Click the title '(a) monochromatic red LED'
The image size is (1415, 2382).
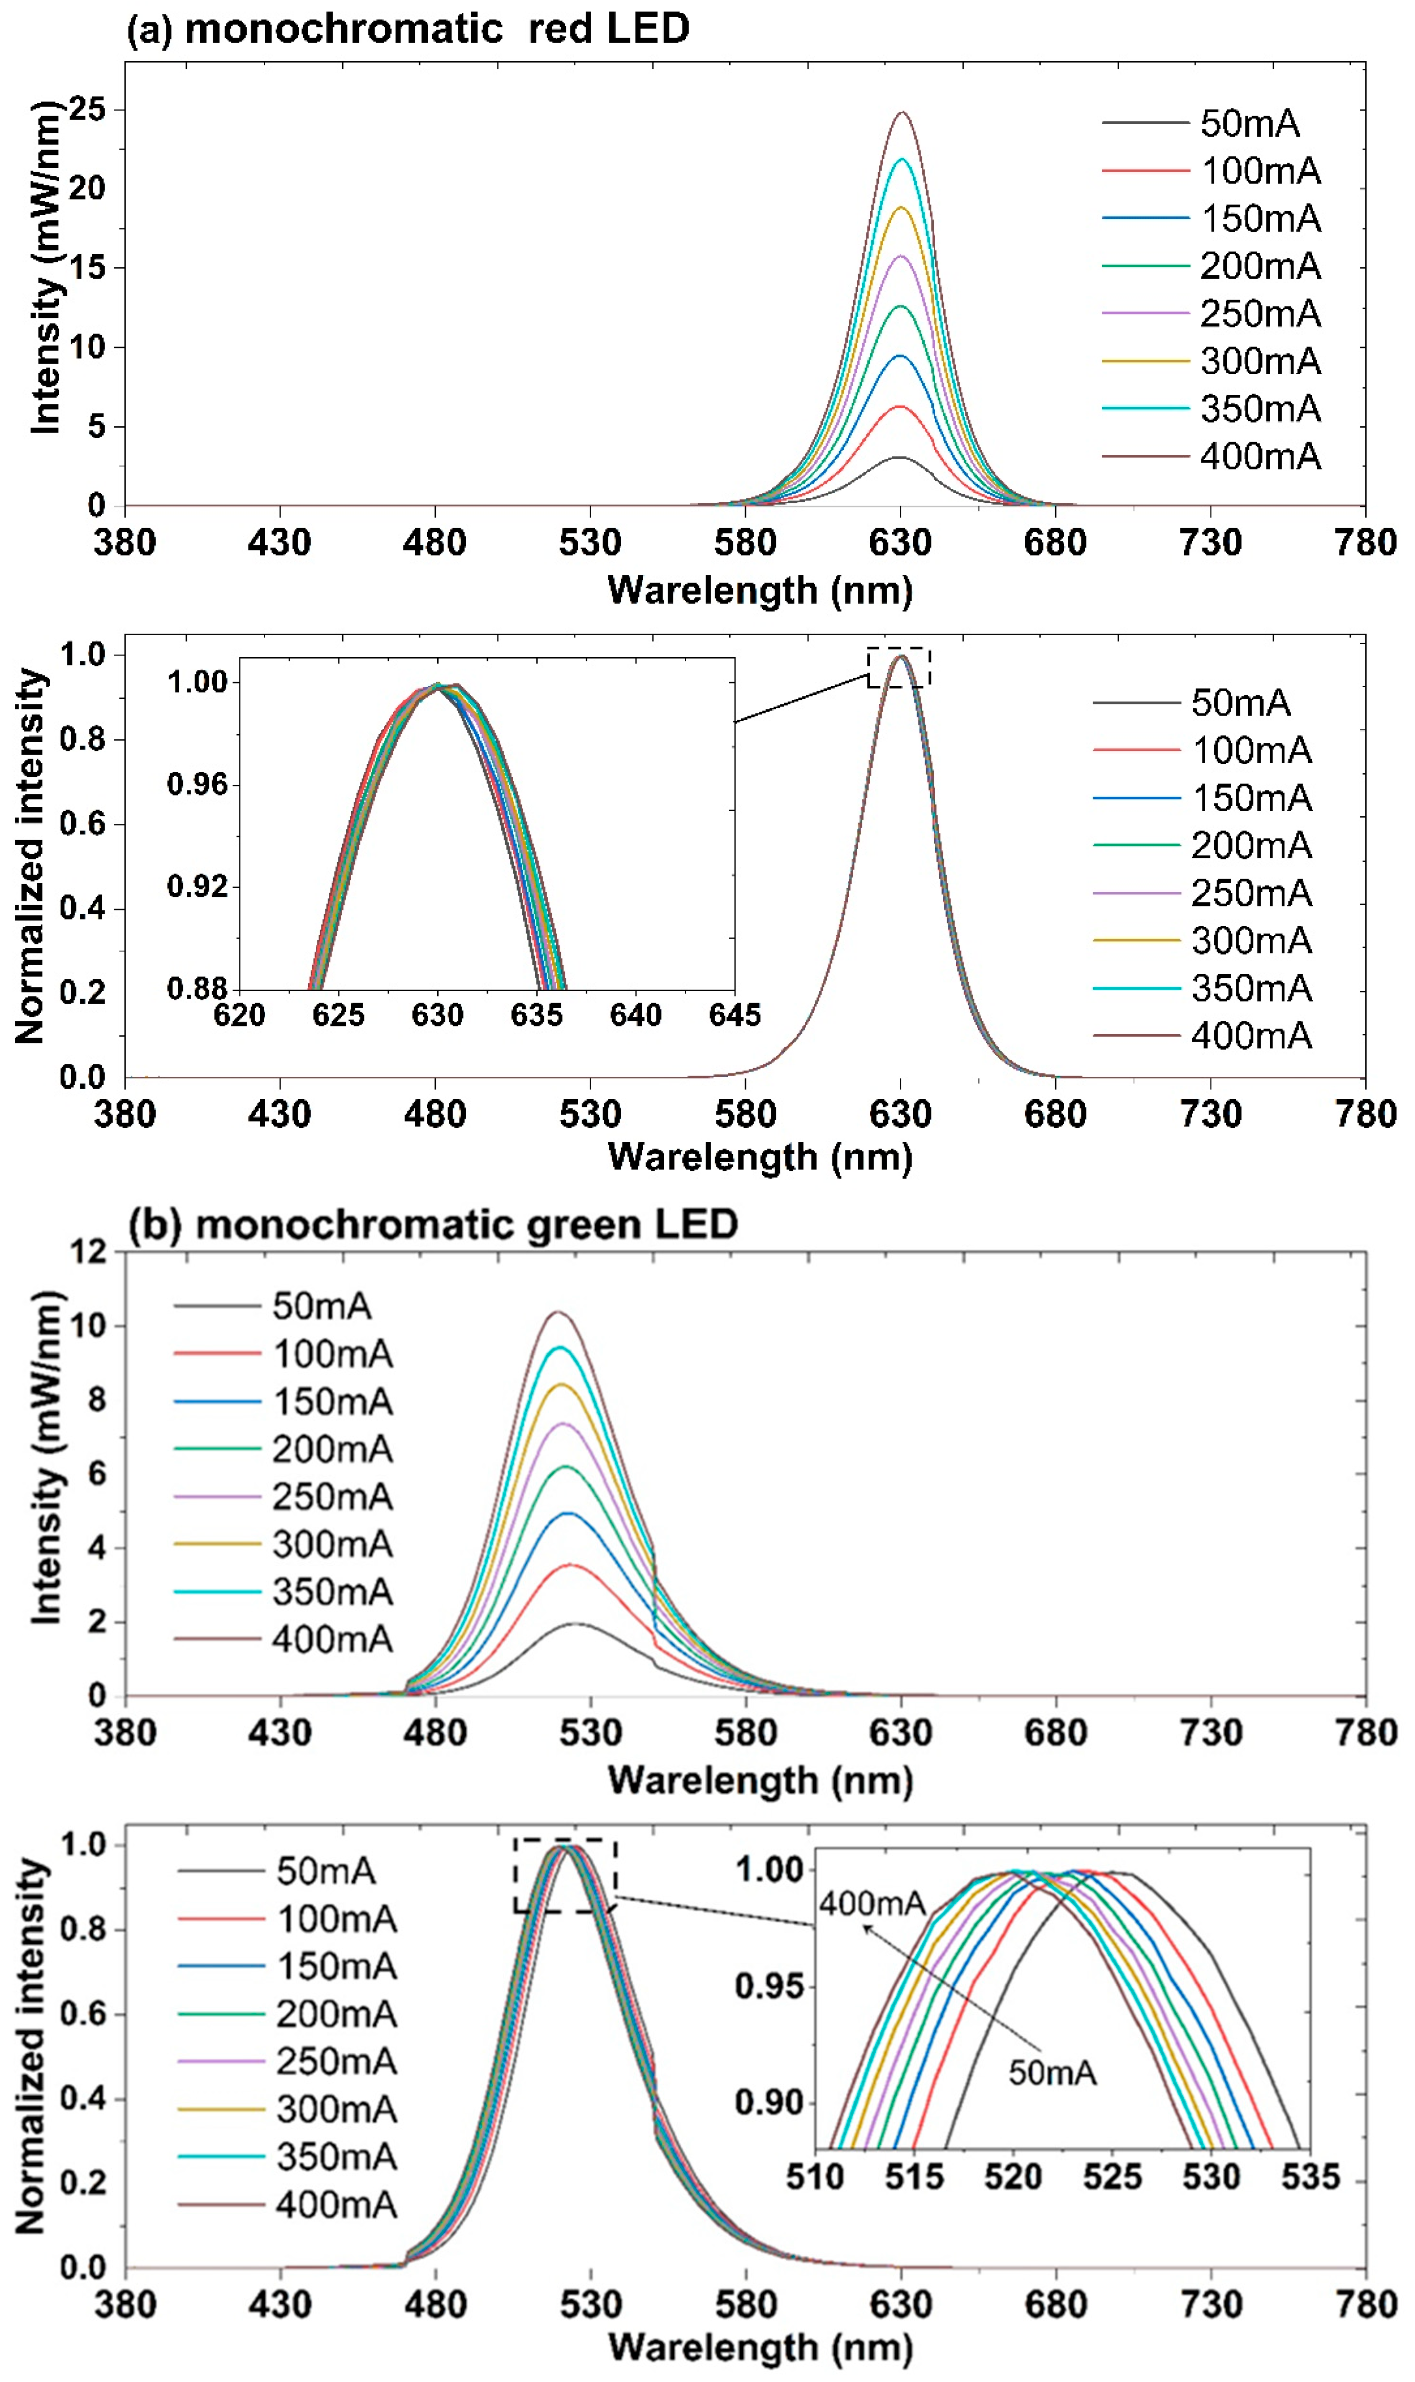tap(408, 29)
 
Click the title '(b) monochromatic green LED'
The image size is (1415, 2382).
tap(433, 1223)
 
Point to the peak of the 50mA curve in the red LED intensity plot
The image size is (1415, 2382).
tap(898, 458)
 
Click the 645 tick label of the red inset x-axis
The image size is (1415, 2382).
tap(734, 1015)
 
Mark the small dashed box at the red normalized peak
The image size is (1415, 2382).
tap(898, 667)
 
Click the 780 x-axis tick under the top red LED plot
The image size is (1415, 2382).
tap(1364, 542)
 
